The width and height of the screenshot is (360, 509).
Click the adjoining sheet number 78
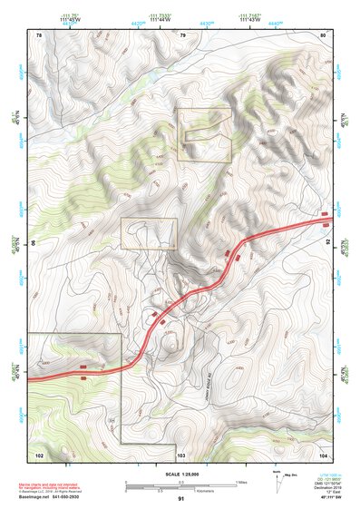[39, 34]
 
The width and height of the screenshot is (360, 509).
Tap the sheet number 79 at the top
[182, 34]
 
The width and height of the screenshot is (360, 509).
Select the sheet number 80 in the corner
[323, 34]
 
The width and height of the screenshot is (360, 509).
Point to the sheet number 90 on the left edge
[35, 243]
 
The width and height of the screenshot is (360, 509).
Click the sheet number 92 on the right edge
[327, 243]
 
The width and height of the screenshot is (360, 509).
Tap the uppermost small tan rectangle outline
[204, 135]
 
